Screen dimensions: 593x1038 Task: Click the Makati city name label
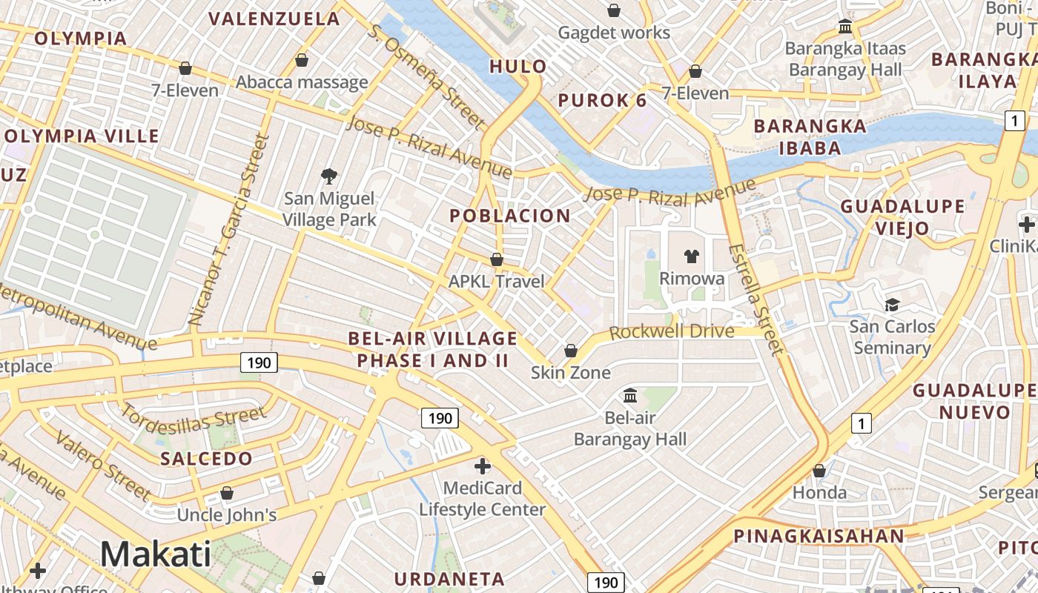pyautogui.click(x=156, y=554)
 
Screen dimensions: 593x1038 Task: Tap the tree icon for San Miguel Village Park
pyautogui.click(x=329, y=176)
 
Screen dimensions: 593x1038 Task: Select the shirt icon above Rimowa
pyautogui.click(x=691, y=256)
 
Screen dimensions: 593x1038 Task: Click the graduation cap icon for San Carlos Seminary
pyautogui.click(x=891, y=305)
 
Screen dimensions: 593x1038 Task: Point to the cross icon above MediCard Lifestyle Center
pyautogui.click(x=482, y=466)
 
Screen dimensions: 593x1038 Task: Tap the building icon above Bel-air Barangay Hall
pyautogui.click(x=630, y=395)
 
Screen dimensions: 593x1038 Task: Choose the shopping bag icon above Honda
pyautogui.click(x=819, y=471)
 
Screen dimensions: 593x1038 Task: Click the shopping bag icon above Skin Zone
pyautogui.click(x=571, y=351)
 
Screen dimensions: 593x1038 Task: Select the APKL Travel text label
pyautogui.click(x=496, y=282)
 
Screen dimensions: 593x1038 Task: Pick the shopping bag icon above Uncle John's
pyautogui.click(x=227, y=493)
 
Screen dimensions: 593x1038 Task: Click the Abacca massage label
pyautogui.click(x=302, y=82)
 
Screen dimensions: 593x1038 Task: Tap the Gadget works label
pyautogui.click(x=613, y=33)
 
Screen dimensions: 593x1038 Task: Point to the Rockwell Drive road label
pyautogui.click(x=672, y=331)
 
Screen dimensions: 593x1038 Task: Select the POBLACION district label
pyautogui.click(x=510, y=216)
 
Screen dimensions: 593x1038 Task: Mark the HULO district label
pyautogui.click(x=518, y=67)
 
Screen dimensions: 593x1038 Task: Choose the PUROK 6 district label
pyautogui.click(x=602, y=101)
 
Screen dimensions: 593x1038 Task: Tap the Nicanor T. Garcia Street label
pyautogui.click(x=227, y=230)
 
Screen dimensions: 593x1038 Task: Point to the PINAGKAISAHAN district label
pyautogui.click(x=819, y=536)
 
